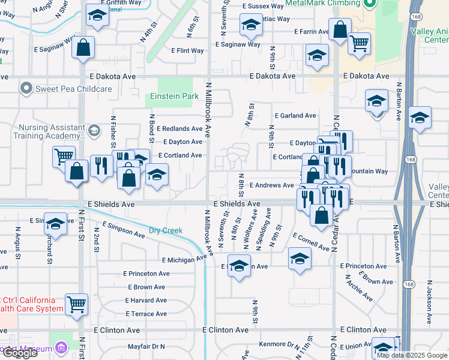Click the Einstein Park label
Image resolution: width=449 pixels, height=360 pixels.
pyautogui.click(x=173, y=96)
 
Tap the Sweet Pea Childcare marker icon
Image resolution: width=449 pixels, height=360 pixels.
pyautogui.click(x=26, y=89)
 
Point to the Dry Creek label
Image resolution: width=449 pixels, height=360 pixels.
pyautogui.click(x=165, y=230)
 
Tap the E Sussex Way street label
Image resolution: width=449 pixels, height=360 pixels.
pyautogui.click(x=262, y=6)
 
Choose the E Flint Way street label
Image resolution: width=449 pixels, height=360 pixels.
pyautogui.click(x=189, y=51)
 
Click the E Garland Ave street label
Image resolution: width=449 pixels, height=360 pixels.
pyautogui.click(x=295, y=116)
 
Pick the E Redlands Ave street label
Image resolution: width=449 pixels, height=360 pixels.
pyautogui.click(x=179, y=129)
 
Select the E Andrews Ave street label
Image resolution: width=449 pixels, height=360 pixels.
pyautogui.click(x=271, y=185)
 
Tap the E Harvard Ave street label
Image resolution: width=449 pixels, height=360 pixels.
pyautogui.click(x=145, y=301)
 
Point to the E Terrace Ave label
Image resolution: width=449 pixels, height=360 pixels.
pyautogui.click(x=146, y=314)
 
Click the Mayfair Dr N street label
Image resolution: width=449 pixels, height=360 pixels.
pyautogui.click(x=146, y=347)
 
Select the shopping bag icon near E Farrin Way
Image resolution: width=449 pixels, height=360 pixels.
pyautogui.click(x=340, y=29)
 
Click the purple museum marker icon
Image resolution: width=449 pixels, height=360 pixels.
pyautogui.click(x=60, y=347)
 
